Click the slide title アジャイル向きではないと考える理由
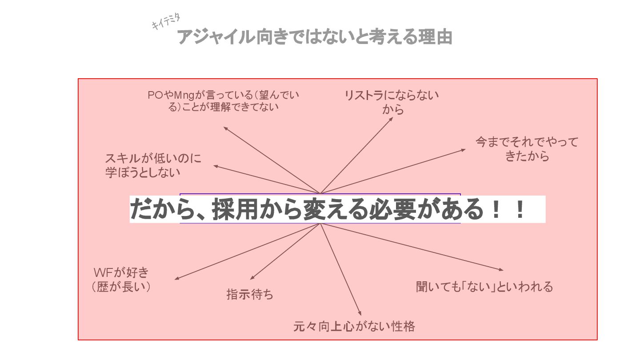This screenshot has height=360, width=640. pyautogui.click(x=315, y=37)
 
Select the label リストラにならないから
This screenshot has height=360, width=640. pyautogui.click(x=392, y=102)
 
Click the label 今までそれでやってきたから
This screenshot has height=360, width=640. pyautogui.click(x=527, y=149)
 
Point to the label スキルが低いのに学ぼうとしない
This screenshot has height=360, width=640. pyautogui.click(x=153, y=165)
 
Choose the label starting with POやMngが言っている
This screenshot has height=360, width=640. pyautogui.click(x=224, y=101)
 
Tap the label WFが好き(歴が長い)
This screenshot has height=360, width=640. pyautogui.click(x=121, y=280)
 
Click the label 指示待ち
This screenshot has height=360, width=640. pyautogui.click(x=250, y=294)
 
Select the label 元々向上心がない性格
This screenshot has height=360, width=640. pyautogui.click(x=354, y=327)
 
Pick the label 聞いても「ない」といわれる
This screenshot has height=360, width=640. pyautogui.click(x=484, y=287)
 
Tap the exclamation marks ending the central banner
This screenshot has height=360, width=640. pyautogui.click(x=508, y=209)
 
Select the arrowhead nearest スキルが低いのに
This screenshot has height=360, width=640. pyautogui.click(x=216, y=166)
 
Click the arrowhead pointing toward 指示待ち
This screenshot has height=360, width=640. pyautogui.click(x=252, y=278)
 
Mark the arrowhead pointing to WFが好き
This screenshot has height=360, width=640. pyautogui.click(x=176, y=279)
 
